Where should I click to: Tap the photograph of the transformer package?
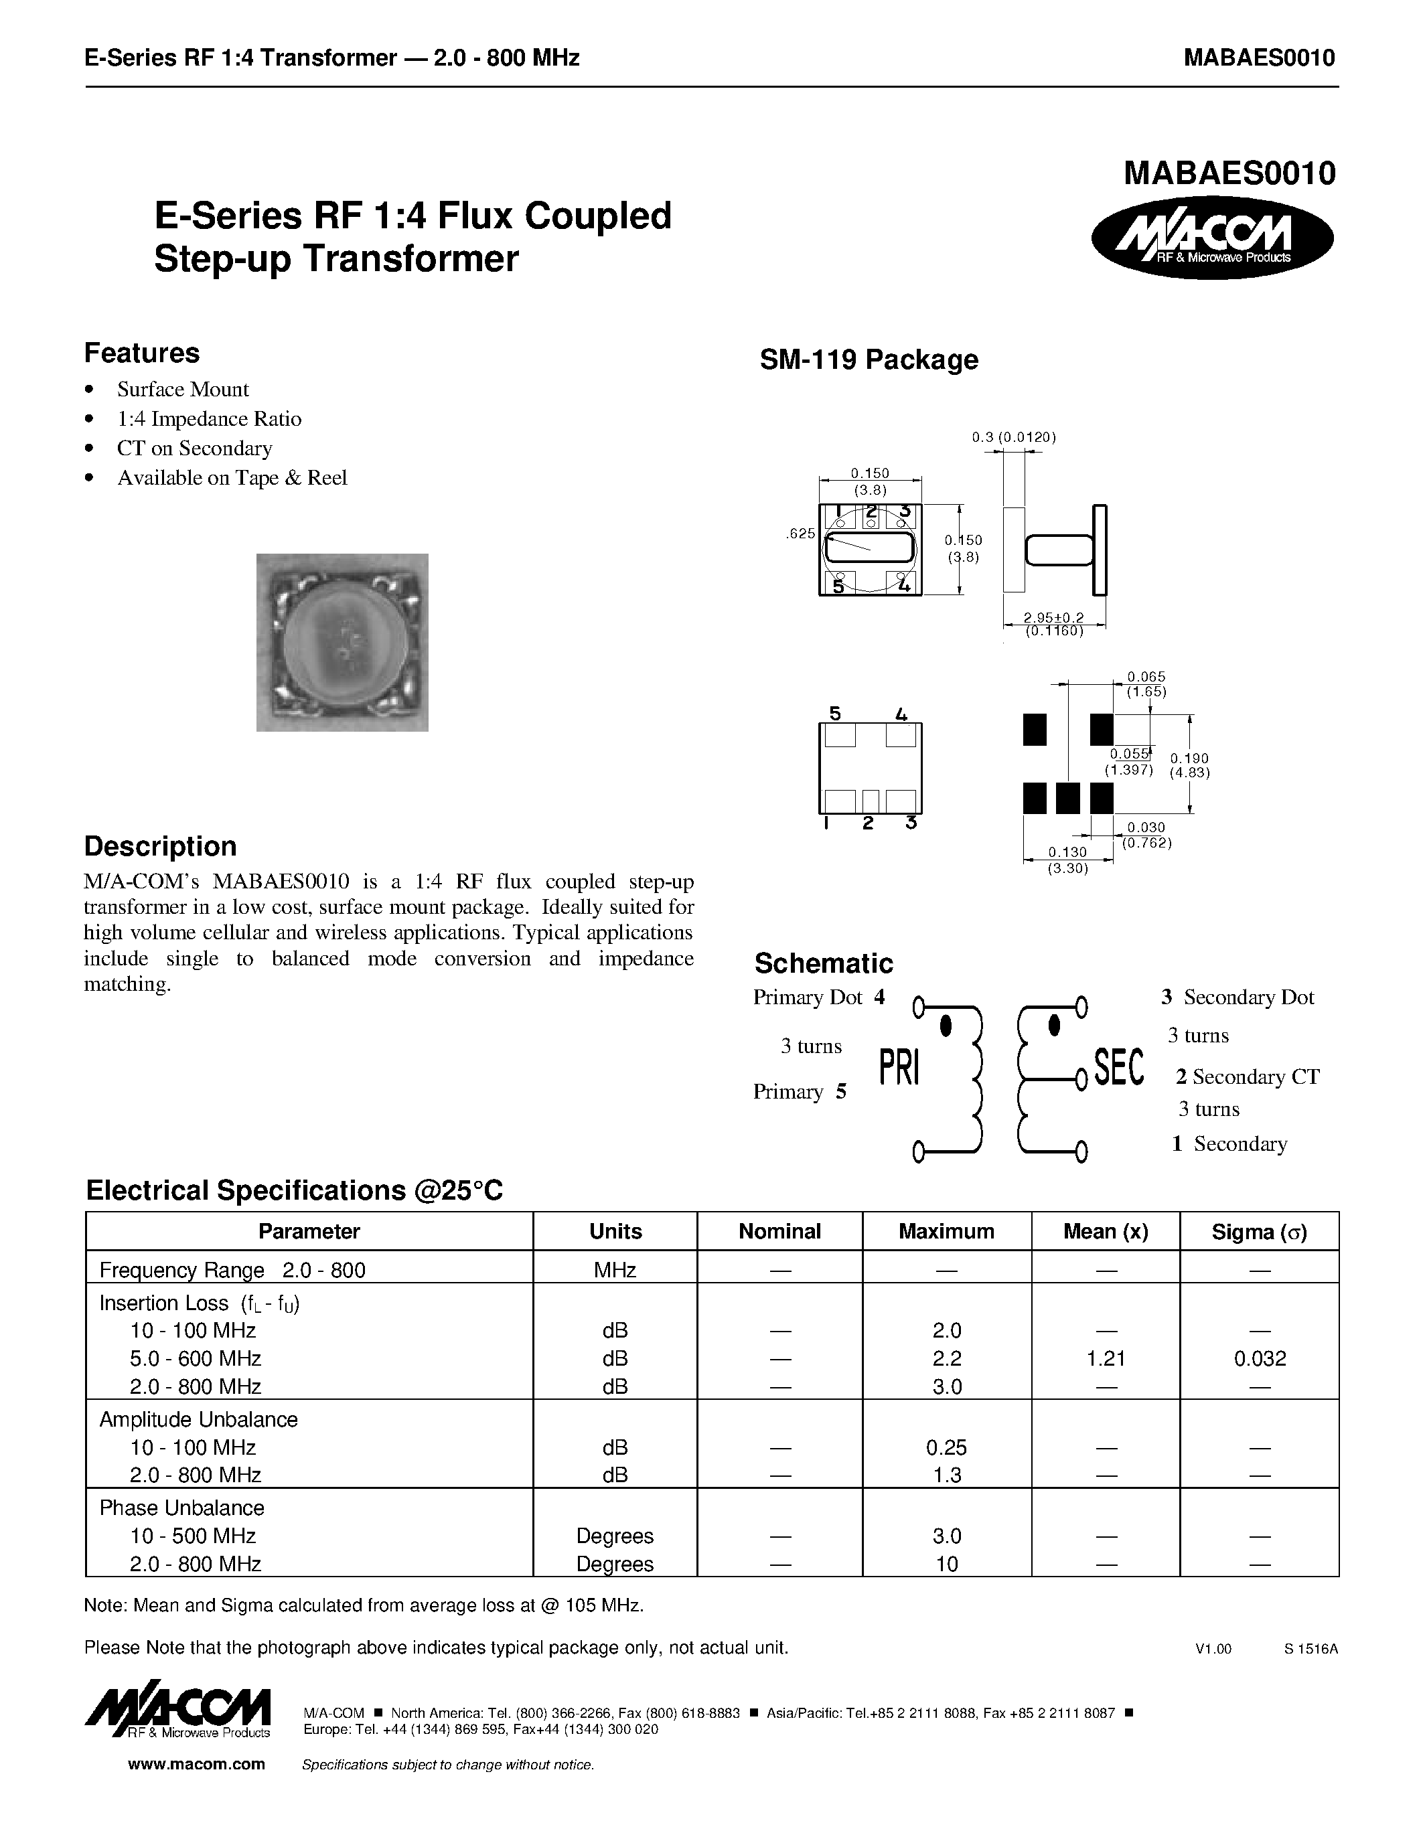coord(342,642)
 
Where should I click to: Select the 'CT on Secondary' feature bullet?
coord(194,449)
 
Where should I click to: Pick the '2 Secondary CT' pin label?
coord(1247,1077)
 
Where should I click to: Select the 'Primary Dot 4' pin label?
coord(818,997)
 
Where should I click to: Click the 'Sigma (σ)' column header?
coord(1259,1232)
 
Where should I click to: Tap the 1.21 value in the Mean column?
coord(1106,1359)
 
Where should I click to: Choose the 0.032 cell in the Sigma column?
coord(1260,1359)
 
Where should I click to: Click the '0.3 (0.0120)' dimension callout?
coord(1013,436)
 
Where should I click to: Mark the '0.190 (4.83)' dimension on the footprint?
coord(1189,765)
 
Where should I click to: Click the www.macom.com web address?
coord(196,1764)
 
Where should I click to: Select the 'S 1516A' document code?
coord(1311,1649)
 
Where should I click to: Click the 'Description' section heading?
coord(160,846)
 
